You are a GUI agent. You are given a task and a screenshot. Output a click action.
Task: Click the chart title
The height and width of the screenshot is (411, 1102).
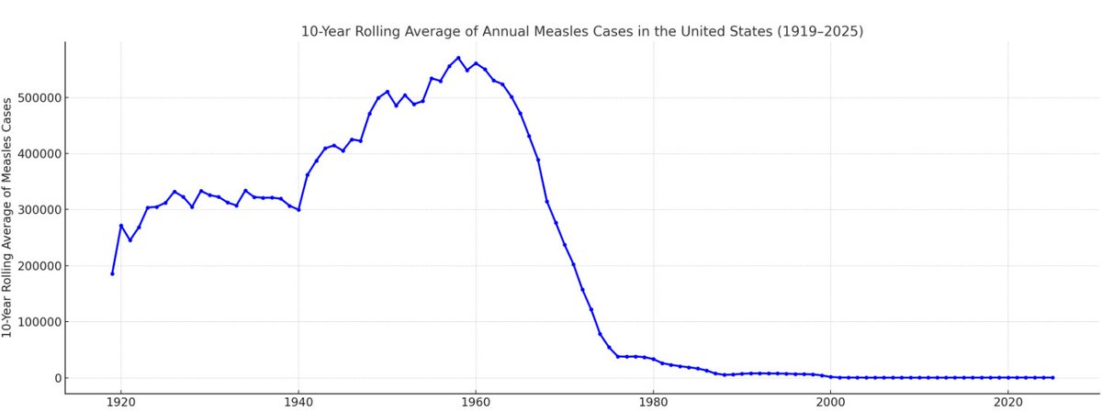click(582, 31)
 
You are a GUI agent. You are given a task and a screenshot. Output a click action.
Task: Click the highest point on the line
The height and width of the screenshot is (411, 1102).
click(458, 58)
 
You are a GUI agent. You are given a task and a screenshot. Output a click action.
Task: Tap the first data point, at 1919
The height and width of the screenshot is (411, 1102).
click(112, 273)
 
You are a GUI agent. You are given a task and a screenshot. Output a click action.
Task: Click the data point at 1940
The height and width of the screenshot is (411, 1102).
click(298, 210)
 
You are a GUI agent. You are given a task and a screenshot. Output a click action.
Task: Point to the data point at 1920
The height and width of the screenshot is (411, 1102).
click(121, 226)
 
